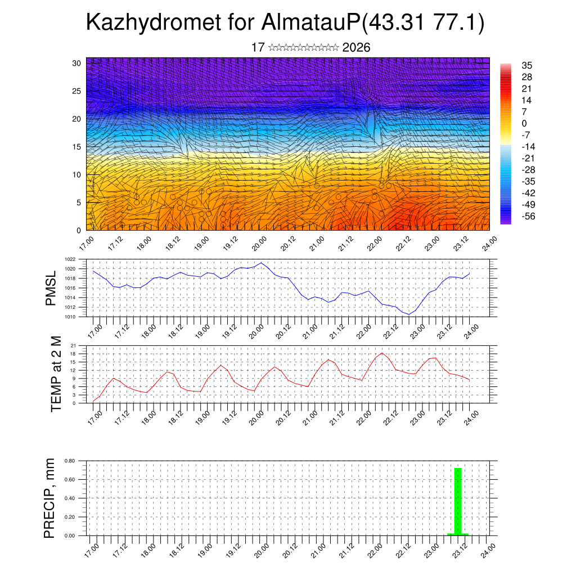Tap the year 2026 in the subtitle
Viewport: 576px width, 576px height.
tap(356, 48)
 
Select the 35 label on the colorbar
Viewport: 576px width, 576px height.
tap(527, 65)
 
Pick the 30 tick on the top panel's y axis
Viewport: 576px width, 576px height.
tap(76, 63)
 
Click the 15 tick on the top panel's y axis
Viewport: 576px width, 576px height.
tap(76, 147)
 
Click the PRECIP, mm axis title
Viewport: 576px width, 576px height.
tap(49, 498)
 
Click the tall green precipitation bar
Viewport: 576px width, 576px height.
tap(458, 501)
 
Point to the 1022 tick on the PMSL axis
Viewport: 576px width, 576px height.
tap(70, 259)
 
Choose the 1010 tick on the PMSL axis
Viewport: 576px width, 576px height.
tap(70, 317)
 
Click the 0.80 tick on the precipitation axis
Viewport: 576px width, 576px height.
tap(70, 461)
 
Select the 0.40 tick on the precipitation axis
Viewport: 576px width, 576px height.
tap(70, 498)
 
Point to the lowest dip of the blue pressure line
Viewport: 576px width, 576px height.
tap(409, 314)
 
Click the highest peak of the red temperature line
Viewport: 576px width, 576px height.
tap(382, 353)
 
